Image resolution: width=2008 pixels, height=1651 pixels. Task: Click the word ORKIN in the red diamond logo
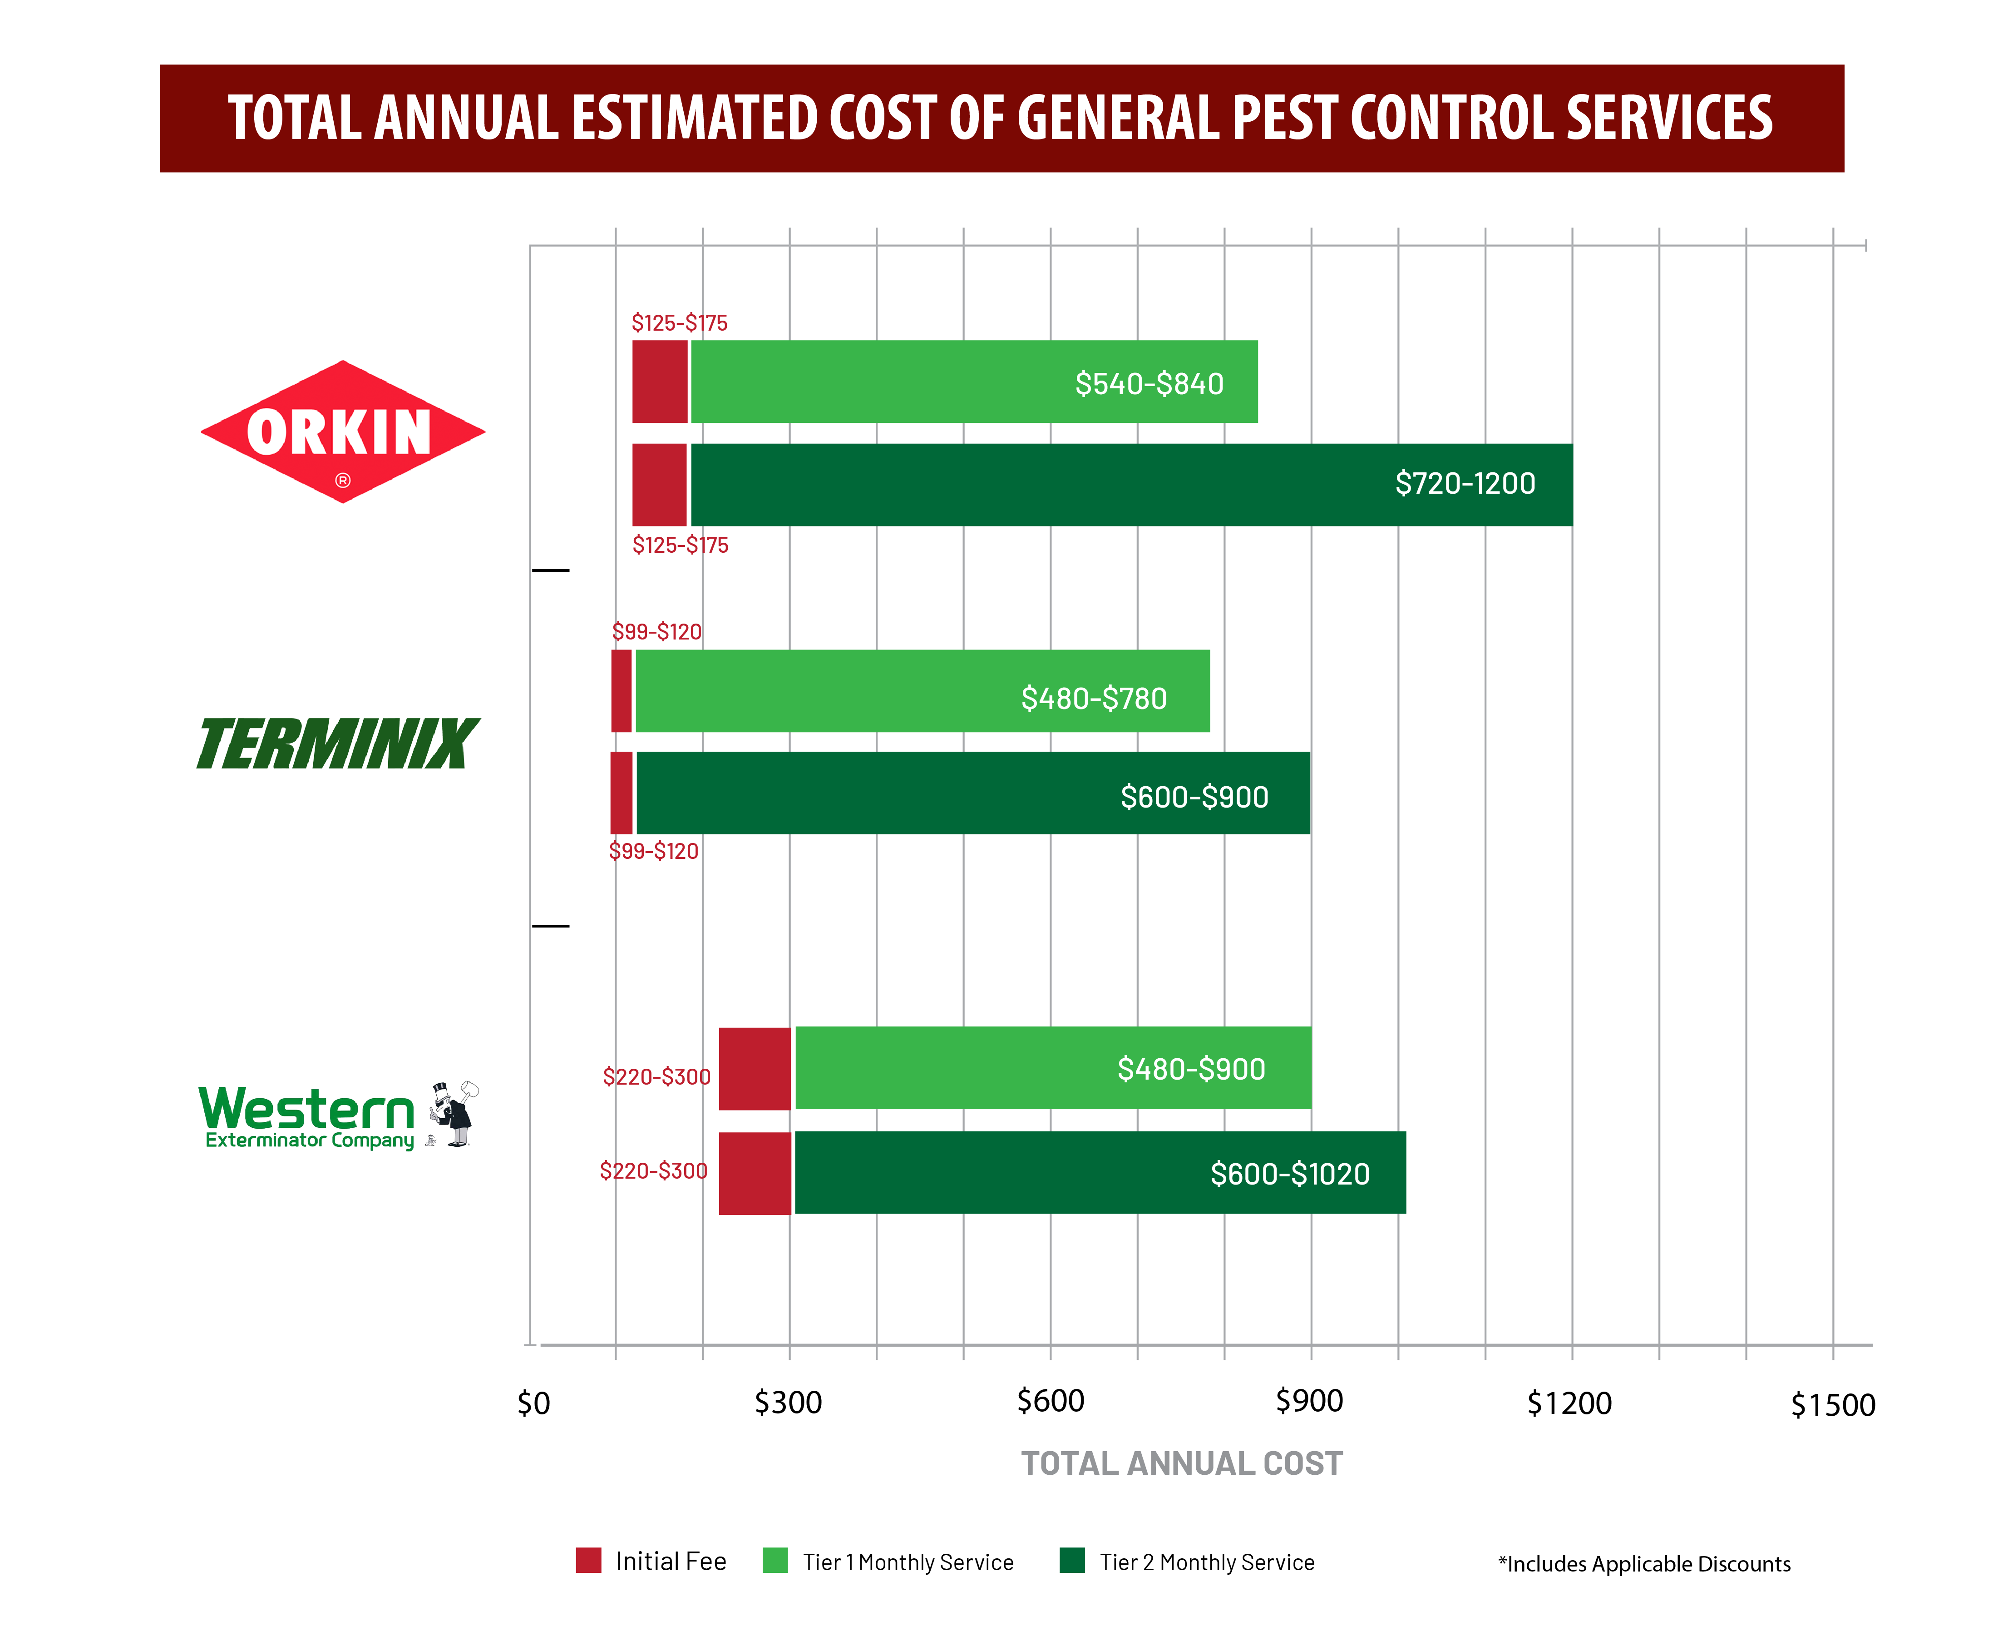click(340, 433)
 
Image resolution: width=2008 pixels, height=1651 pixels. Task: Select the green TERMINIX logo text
click(335, 752)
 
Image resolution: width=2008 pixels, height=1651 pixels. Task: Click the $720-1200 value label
click(1464, 483)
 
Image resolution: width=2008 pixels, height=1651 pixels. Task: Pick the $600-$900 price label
click(1194, 797)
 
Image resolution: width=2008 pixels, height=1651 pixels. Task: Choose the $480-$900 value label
click(1190, 1069)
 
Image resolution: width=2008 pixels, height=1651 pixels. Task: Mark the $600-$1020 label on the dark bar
click(1289, 1174)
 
